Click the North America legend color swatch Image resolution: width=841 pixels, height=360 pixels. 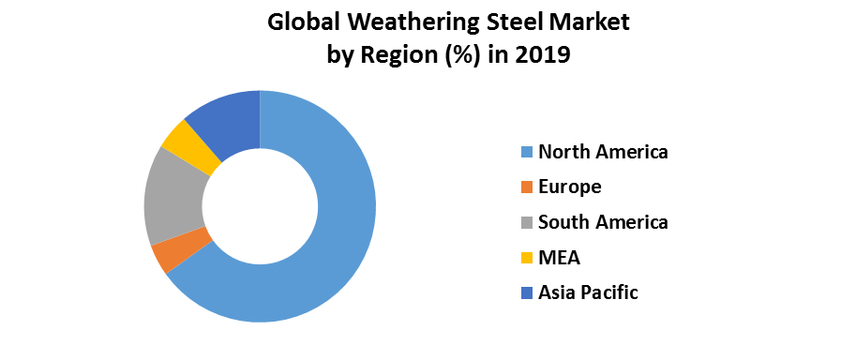(526, 152)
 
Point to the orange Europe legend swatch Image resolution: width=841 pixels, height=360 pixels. (526, 187)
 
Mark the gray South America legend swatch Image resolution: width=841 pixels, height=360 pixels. (526, 222)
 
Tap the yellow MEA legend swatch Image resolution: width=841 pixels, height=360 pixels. (526, 258)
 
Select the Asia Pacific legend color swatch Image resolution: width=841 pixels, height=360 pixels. (526, 293)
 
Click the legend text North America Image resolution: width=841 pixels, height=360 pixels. (603, 152)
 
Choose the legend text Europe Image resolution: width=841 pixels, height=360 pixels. (569, 187)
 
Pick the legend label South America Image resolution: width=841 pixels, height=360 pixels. (603, 222)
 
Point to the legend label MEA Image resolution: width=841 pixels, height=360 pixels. (559, 258)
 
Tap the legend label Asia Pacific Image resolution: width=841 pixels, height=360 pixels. (588, 292)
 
